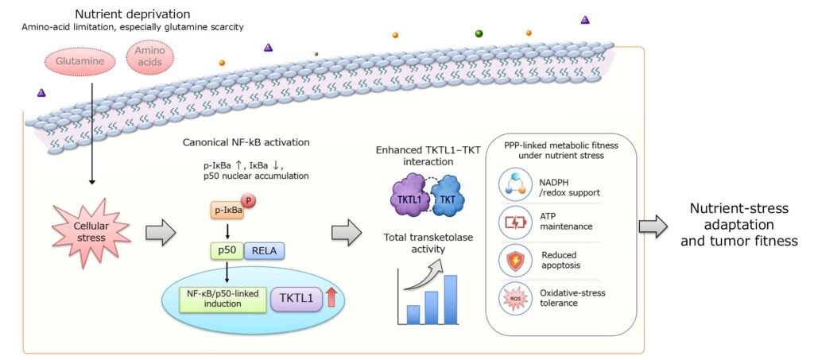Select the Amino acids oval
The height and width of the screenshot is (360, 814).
click(149, 57)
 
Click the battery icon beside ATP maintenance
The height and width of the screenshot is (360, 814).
click(514, 222)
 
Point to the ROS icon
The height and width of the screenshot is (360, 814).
click(514, 298)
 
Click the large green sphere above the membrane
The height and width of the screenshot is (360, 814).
click(479, 33)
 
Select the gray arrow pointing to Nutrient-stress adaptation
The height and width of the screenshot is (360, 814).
click(653, 226)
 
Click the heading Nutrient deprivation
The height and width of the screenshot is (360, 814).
click(133, 14)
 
